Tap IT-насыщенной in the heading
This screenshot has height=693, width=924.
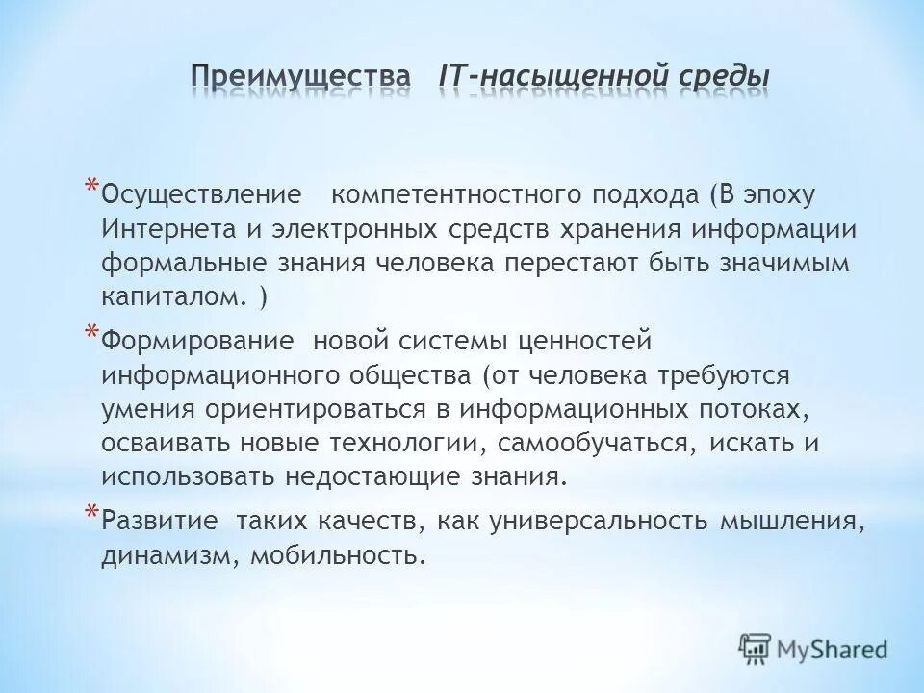(551, 74)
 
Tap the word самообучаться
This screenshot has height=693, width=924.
(606, 443)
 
